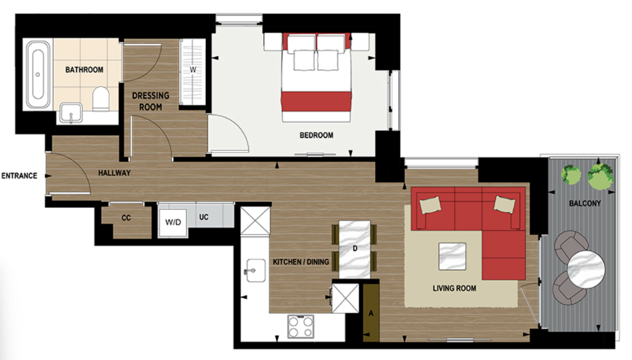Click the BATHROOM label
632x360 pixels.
point(84,70)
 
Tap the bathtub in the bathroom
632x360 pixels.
point(38,75)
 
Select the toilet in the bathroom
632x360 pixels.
point(101,99)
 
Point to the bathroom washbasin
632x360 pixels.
point(70,113)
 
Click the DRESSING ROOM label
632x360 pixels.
point(151,101)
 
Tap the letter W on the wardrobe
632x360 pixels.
point(192,70)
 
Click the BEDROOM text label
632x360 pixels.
point(316,135)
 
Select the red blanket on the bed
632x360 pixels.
point(316,101)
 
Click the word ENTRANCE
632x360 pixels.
point(19,176)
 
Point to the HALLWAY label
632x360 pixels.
point(114,173)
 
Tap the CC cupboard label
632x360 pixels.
point(126,218)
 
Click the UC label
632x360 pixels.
point(204,218)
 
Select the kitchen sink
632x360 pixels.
point(255,269)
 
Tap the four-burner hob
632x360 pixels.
point(301,326)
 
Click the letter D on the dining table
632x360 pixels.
point(355,248)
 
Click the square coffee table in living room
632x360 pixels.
point(452,256)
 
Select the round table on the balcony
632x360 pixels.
point(586,269)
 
